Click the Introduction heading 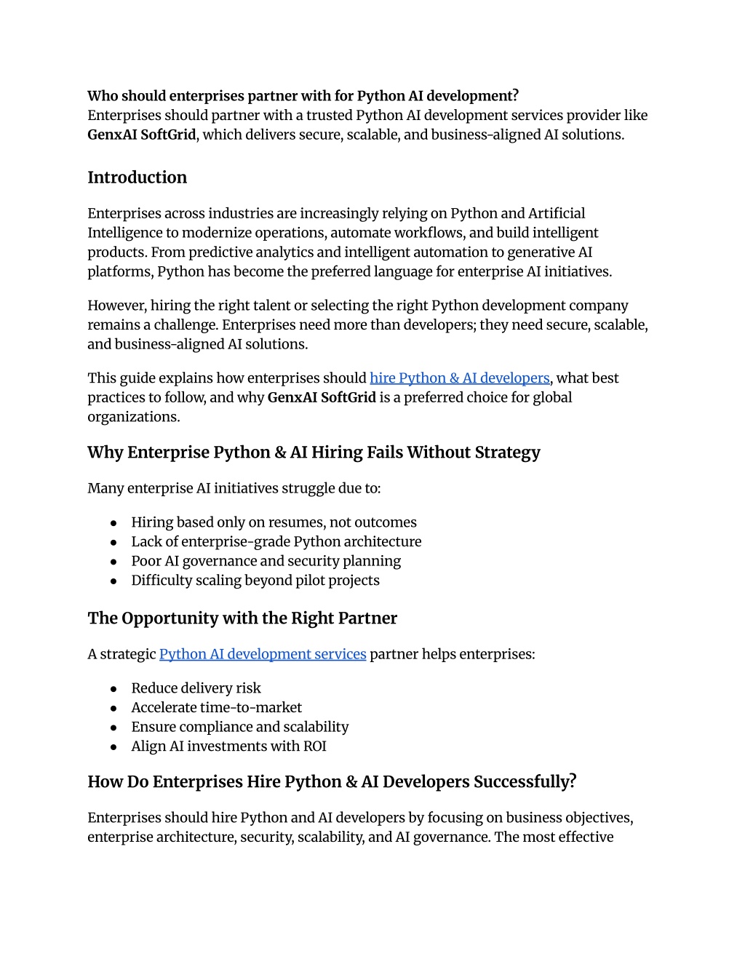point(137,178)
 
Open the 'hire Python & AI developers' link point(459,378)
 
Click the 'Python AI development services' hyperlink point(262,654)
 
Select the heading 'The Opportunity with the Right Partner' point(242,618)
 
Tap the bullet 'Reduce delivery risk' point(196,688)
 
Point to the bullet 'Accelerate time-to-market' point(216,708)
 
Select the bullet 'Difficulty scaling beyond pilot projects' point(255,581)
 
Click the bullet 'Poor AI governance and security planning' point(266,561)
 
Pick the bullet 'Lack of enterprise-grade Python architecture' point(276,542)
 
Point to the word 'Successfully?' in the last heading point(525,782)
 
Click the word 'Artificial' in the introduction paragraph point(557,213)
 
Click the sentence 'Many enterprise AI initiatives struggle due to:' point(234,488)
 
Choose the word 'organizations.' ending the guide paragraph point(133,417)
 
